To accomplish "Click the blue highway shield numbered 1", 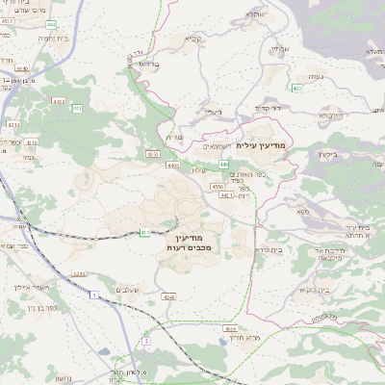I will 94,294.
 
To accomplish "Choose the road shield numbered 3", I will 146,341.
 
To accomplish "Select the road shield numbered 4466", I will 173,166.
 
